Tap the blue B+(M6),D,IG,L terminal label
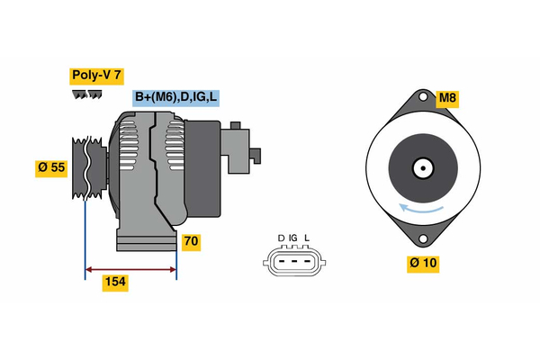tap(176, 97)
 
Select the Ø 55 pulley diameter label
tap(51, 168)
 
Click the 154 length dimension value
tap(113, 283)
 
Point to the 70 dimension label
tap(190, 241)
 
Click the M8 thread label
tap(447, 97)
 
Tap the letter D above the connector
tap(281, 238)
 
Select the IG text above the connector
tap(293, 238)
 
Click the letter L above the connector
tap(306, 238)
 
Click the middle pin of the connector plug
tap(293, 261)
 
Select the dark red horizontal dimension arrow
tap(130, 268)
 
